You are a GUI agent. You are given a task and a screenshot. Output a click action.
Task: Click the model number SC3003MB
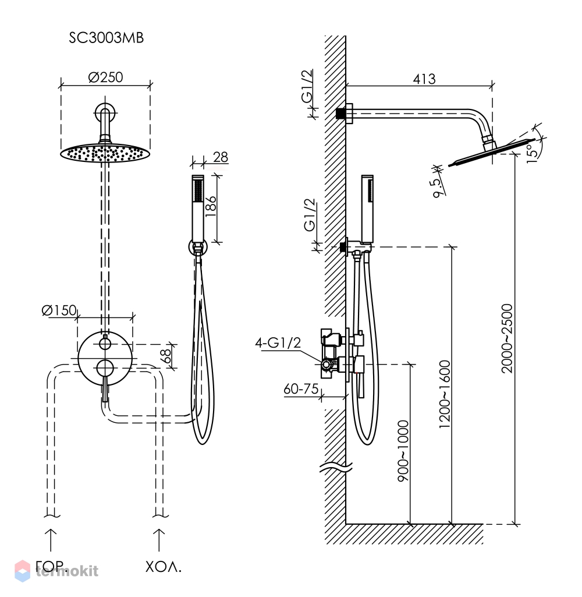point(106,38)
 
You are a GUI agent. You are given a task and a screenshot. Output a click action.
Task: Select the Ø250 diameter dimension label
point(105,77)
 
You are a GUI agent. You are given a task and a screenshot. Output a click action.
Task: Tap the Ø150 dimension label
point(59,310)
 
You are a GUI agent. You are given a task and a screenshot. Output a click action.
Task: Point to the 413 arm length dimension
point(424,79)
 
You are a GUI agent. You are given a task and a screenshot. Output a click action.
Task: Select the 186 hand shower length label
point(210,206)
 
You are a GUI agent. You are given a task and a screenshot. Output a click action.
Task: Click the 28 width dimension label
point(220,157)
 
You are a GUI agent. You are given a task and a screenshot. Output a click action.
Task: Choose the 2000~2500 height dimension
point(507,338)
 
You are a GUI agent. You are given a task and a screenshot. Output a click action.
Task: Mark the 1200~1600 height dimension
point(444,394)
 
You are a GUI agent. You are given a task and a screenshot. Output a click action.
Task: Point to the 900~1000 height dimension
point(403,451)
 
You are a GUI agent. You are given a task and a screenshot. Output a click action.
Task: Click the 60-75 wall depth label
point(301,388)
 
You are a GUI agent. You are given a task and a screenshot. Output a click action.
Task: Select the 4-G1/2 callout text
point(278,342)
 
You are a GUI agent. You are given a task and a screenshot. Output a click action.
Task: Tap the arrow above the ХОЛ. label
point(159,540)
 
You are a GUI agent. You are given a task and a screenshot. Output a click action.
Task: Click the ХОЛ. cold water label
point(164,567)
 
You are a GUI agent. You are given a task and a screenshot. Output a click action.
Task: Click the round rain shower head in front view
point(105,153)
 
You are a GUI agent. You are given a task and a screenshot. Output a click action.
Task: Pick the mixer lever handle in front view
point(105,388)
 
